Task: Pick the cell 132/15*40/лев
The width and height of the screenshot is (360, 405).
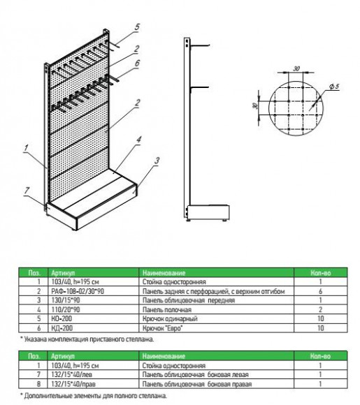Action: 70,372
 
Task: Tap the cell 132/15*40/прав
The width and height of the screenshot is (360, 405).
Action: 71,381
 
